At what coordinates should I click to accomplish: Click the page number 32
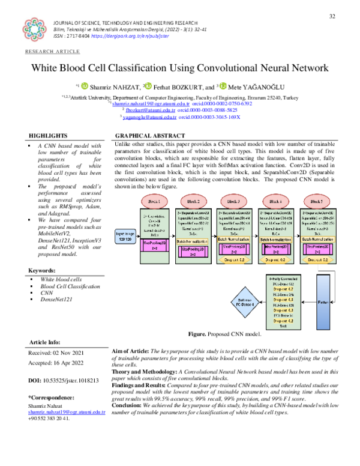point(333,16)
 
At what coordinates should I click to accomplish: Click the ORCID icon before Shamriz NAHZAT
point(85,88)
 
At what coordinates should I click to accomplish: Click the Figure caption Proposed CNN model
point(224,333)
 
